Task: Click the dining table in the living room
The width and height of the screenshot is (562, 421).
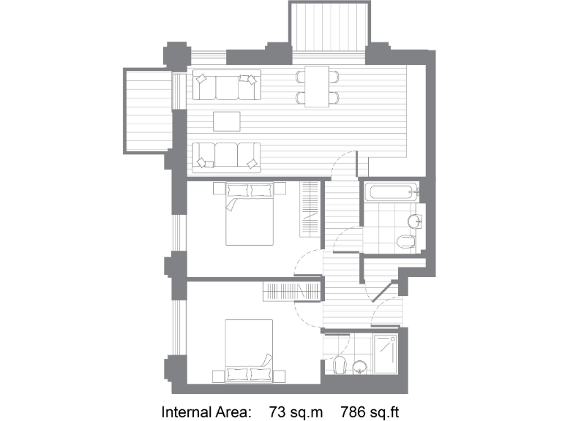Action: [x=317, y=86]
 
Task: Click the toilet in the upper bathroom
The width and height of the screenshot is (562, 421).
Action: [x=405, y=240]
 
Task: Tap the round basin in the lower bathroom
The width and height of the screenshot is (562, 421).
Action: [x=360, y=365]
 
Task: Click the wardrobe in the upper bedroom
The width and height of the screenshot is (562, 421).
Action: [x=310, y=208]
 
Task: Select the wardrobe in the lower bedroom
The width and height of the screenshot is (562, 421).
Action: [x=291, y=290]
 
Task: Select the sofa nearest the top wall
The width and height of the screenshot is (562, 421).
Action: [x=228, y=87]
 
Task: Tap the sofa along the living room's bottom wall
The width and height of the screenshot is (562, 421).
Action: [x=228, y=155]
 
